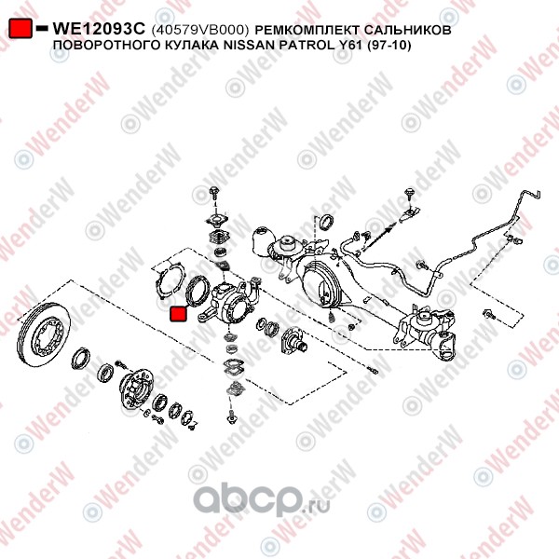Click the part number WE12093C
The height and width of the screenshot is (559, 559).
[x=99, y=29]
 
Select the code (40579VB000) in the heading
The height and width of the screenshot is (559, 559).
[x=200, y=30]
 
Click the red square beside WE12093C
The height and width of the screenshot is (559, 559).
[x=20, y=29]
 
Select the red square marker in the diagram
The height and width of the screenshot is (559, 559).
[x=179, y=314]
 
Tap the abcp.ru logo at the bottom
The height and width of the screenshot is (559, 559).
[x=262, y=499]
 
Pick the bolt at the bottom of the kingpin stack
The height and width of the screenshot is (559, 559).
[x=232, y=416]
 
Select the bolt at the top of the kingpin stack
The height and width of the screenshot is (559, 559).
[x=214, y=193]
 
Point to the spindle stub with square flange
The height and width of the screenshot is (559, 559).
[x=293, y=340]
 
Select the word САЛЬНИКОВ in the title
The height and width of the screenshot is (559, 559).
[x=406, y=30]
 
